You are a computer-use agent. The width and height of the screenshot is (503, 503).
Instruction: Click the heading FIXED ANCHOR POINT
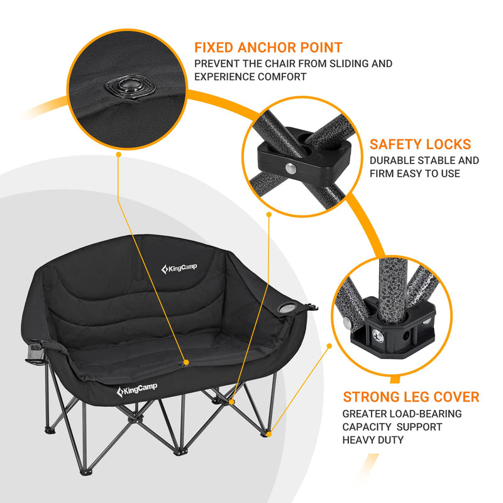coord(268,47)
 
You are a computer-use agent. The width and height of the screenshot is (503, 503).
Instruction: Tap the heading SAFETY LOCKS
coord(420,145)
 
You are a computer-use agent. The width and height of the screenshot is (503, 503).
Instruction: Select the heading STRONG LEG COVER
coord(411,397)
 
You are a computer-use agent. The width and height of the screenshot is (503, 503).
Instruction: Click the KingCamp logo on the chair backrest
coord(179,269)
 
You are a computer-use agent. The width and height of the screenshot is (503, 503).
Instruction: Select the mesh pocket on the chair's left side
coord(36,354)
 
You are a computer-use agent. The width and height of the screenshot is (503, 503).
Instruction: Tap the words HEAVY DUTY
coord(373,439)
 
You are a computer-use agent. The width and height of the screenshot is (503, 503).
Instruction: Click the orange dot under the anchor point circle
coord(118,153)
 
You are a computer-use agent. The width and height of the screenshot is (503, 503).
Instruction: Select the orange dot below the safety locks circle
coord(269,214)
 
